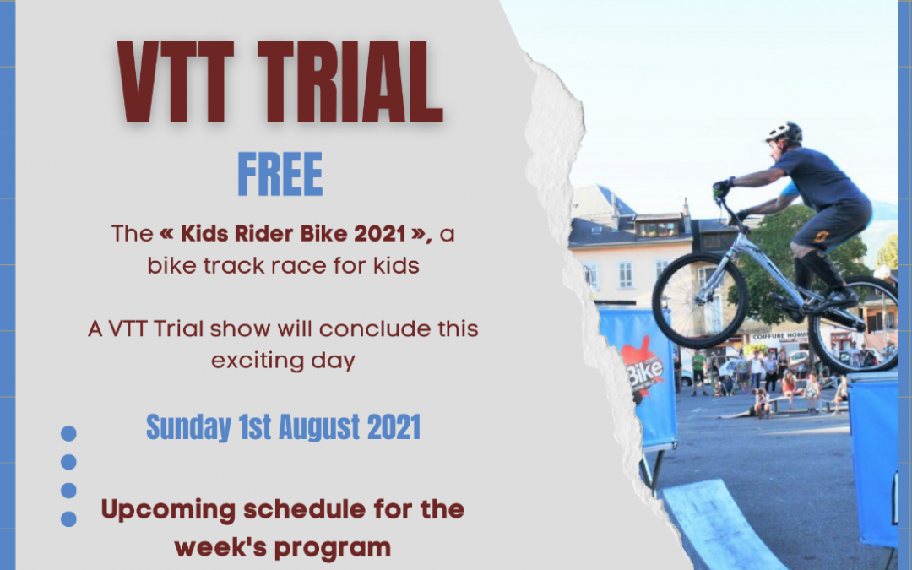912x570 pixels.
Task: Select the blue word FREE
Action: pyautogui.click(x=280, y=175)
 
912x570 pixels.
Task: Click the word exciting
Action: pyautogui.click(x=260, y=361)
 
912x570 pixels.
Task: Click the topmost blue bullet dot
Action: pyautogui.click(x=68, y=433)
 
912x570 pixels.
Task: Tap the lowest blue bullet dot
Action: pyautogui.click(x=68, y=519)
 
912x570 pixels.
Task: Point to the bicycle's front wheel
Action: pyautogui.click(x=699, y=300)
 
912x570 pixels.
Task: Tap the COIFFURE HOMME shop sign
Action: pyautogui.click(x=779, y=337)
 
